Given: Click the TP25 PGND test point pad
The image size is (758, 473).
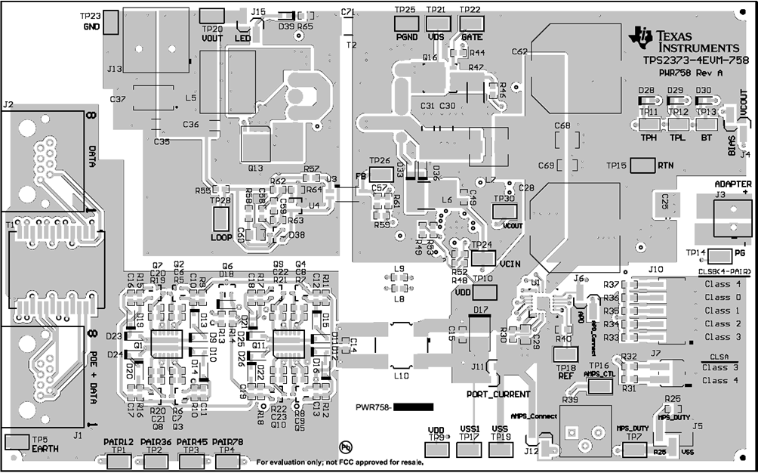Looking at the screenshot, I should click(x=406, y=23).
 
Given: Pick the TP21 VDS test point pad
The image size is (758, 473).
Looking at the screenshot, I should click(x=436, y=23).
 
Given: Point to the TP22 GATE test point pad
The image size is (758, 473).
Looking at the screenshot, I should click(x=470, y=23).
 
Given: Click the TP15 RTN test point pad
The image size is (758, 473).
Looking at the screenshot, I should click(x=642, y=165).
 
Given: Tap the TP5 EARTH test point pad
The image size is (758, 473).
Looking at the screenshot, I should click(x=17, y=441).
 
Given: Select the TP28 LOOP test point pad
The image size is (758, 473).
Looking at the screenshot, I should click(x=221, y=220).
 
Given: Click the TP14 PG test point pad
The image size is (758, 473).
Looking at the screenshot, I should click(x=720, y=255).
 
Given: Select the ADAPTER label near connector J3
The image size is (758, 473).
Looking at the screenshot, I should click(x=732, y=184).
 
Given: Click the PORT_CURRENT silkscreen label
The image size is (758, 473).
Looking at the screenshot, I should click(x=498, y=394).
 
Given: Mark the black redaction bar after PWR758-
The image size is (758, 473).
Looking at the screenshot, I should click(x=414, y=407).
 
